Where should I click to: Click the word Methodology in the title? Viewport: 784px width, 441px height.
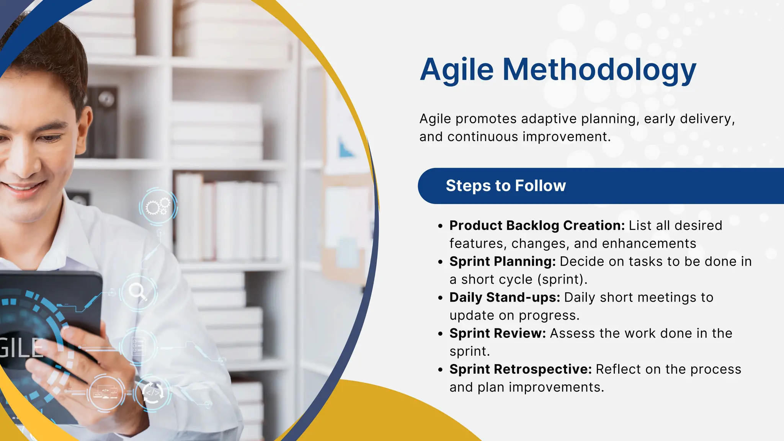click(x=599, y=70)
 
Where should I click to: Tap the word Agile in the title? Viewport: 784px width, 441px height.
click(x=457, y=70)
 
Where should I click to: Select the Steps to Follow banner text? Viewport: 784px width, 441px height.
click(x=506, y=186)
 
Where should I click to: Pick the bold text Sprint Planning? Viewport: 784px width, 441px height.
click(x=502, y=261)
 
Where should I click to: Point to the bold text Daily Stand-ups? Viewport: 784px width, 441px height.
click(x=505, y=297)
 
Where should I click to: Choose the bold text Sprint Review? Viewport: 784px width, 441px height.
click(x=497, y=333)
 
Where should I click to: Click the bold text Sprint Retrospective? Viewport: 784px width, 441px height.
click(x=520, y=369)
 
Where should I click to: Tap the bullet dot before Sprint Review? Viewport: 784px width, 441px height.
click(x=440, y=334)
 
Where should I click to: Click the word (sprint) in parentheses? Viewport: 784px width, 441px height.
click(x=562, y=279)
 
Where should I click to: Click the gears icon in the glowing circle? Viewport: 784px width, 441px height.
click(x=158, y=207)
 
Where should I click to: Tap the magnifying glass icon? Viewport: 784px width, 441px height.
click(x=138, y=292)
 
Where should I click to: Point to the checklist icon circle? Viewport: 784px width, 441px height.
click(x=138, y=346)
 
